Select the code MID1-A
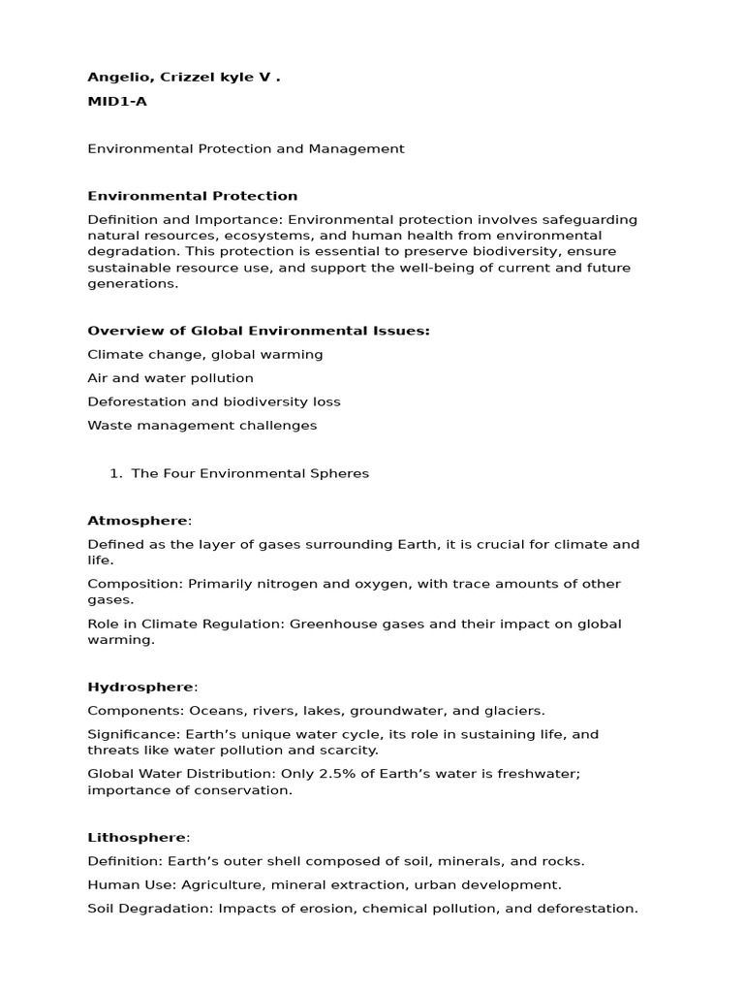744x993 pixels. (117, 102)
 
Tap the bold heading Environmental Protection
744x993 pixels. (192, 196)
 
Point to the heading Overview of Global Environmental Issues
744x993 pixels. (258, 331)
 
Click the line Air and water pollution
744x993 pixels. (170, 378)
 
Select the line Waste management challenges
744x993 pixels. (201, 425)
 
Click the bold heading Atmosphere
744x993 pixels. (137, 521)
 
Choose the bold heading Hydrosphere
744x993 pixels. (140, 687)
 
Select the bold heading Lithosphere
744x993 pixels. (138, 837)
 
